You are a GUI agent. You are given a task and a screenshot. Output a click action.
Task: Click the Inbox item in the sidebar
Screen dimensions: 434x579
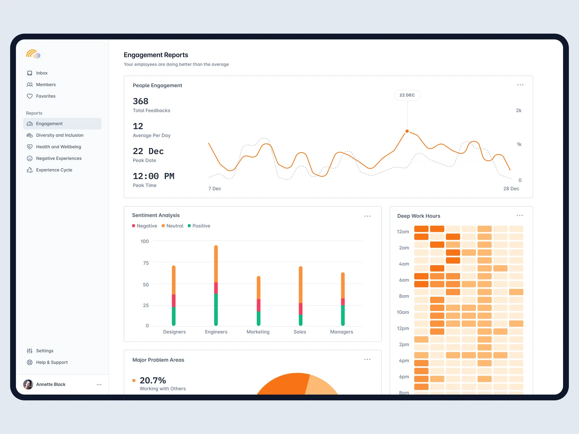(42, 73)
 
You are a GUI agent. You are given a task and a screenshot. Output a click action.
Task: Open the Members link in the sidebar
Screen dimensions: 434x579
(46, 85)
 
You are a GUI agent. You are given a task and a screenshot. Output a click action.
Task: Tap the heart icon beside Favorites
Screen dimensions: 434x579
(30, 96)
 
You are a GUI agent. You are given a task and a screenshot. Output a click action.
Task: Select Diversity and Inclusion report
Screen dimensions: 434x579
(59, 135)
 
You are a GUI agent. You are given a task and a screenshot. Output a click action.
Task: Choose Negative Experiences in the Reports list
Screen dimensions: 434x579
(59, 158)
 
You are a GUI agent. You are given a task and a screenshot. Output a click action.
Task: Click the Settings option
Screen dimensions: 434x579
(45, 351)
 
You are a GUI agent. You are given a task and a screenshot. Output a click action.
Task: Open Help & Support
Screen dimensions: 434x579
(52, 362)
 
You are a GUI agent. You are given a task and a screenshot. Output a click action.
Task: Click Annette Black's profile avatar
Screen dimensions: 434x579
(28, 384)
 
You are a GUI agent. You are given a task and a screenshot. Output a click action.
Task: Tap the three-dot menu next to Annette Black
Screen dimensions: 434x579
(99, 384)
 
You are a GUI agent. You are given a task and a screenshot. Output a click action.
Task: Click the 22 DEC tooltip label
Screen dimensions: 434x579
(407, 95)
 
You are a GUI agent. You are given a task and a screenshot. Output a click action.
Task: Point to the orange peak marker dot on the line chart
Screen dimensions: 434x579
(407, 131)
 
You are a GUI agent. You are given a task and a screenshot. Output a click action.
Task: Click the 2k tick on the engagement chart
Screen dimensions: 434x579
(519, 111)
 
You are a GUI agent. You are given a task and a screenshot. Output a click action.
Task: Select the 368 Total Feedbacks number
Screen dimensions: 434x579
(140, 101)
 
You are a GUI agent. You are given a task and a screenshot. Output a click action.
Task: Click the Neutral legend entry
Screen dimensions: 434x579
(174, 226)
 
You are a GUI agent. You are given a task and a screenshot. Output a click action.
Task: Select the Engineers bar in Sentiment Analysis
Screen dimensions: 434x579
(216, 286)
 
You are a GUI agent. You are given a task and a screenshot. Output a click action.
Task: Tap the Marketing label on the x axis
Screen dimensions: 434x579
(258, 332)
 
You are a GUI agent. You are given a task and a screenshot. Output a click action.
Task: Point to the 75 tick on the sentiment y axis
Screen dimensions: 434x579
(146, 263)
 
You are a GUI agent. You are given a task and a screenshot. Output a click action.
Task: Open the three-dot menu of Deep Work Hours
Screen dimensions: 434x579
(520, 216)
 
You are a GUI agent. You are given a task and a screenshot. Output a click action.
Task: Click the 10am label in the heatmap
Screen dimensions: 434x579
(403, 312)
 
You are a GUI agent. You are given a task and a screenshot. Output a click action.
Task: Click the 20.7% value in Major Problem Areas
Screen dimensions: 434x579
(153, 380)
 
